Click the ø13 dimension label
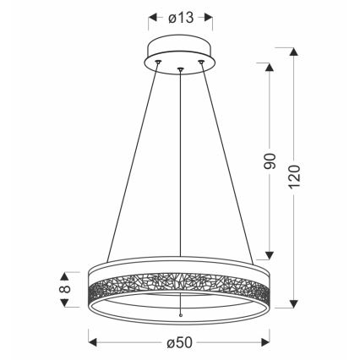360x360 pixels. [181, 16]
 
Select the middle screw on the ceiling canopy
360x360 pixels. [181, 68]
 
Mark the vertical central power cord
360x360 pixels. [181, 169]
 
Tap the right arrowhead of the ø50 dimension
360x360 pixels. [269, 342]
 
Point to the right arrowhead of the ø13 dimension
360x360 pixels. [209, 16]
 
